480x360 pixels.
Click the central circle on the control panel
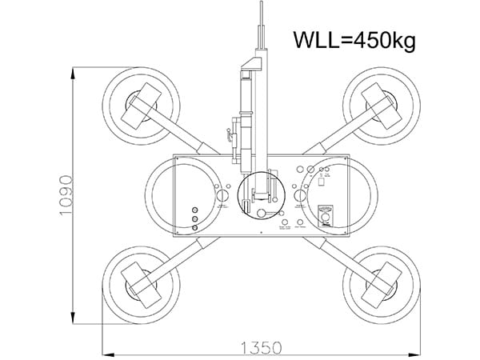(x=261, y=194)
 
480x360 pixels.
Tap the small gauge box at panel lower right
(x=324, y=216)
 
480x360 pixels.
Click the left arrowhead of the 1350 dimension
(x=105, y=353)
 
